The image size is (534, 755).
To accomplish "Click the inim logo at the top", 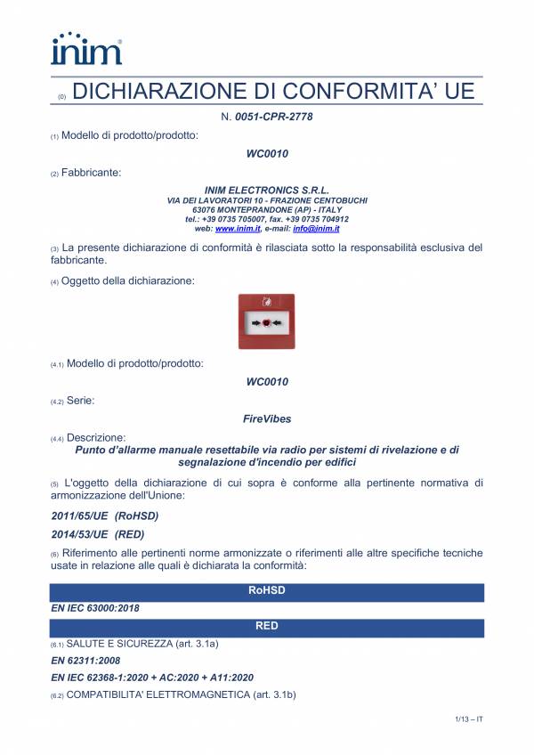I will pyautogui.click(x=86, y=48).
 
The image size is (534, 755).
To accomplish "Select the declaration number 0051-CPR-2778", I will pyautogui.click(x=273, y=117).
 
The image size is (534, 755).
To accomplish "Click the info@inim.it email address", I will pyautogui.click(x=323, y=229).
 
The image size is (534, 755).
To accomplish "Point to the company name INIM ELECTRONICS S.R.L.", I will pyautogui.click(x=267, y=191).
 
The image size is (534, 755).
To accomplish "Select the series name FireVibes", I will pyautogui.click(x=267, y=417).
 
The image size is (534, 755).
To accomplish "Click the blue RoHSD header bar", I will pyautogui.click(x=267, y=590).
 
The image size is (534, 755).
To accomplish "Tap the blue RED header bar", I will pyautogui.click(x=267, y=626).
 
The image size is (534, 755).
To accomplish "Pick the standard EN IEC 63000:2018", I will pyautogui.click(x=95, y=608).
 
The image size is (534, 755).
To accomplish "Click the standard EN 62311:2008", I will pyautogui.click(x=84, y=661).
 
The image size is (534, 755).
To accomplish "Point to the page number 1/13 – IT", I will pyautogui.click(x=465, y=718).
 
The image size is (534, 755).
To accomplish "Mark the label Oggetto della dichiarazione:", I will pyautogui.click(x=130, y=281).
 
